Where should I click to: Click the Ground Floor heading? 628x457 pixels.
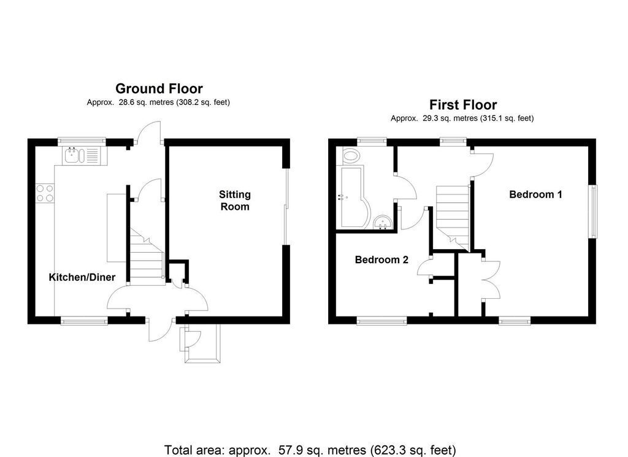pos(159,89)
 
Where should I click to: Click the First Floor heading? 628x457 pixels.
pos(462,105)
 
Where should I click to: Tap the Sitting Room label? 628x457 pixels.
pos(235,201)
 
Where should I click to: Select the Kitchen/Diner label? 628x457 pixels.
pos(82,277)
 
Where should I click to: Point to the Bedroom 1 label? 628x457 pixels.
pos(535,194)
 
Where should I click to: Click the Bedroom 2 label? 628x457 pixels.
pos(381,259)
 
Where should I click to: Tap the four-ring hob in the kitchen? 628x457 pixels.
pos(44,193)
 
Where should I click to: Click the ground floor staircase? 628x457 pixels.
pos(146,258)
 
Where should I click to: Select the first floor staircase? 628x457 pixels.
pos(452,215)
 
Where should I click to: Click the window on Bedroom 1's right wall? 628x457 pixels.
pos(592,212)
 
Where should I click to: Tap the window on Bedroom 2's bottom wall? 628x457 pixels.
pos(381,320)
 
